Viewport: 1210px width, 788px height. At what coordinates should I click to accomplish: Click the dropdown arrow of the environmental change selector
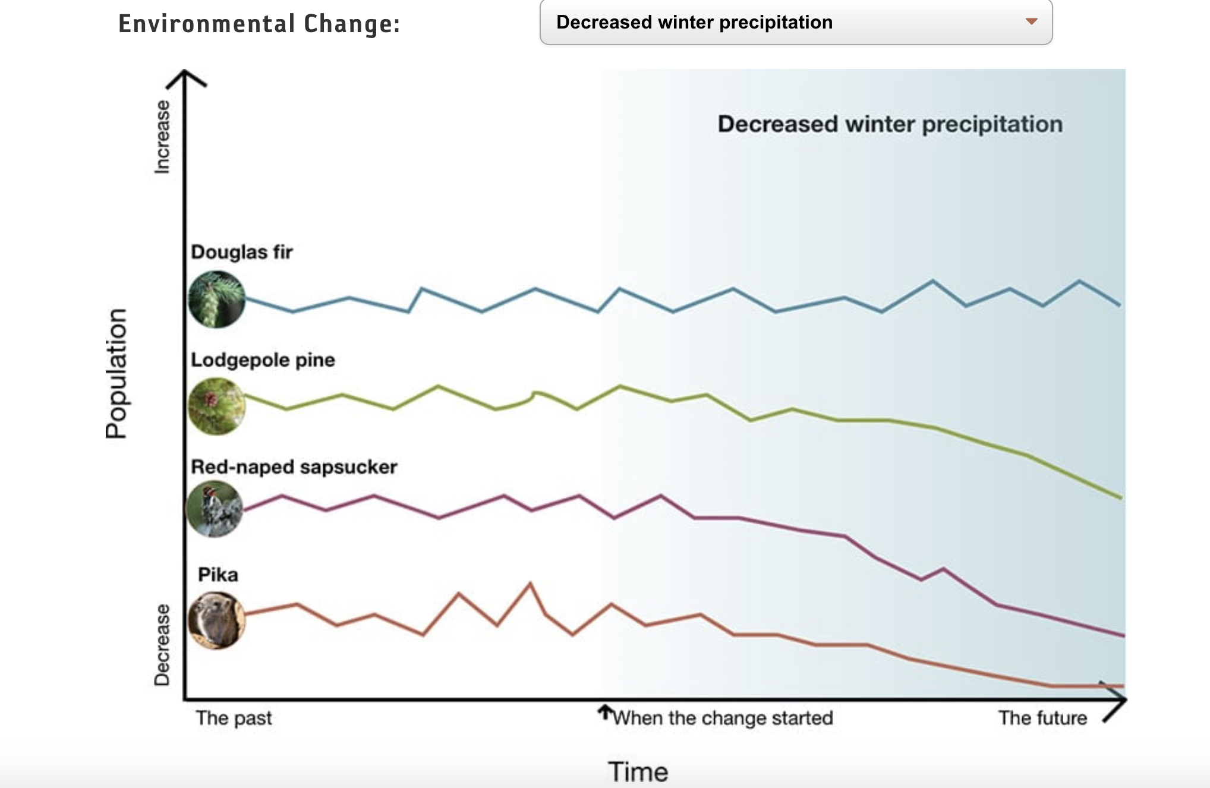point(1031,22)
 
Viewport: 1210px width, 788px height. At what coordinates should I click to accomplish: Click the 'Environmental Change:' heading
point(259,24)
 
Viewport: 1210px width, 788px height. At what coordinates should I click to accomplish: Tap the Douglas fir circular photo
point(217,299)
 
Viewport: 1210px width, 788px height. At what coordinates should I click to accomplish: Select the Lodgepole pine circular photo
point(217,406)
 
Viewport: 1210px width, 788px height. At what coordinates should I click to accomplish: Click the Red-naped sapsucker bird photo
point(215,509)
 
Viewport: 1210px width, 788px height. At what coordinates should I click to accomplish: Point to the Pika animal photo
point(216,620)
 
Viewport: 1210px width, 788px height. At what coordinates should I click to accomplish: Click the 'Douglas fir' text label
point(242,252)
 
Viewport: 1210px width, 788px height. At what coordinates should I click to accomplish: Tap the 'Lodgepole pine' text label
point(263,360)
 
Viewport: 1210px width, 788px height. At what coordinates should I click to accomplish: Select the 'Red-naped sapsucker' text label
point(294,467)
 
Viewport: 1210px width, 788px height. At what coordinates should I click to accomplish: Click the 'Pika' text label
point(218,575)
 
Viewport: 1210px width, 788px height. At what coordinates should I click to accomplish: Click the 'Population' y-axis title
point(116,373)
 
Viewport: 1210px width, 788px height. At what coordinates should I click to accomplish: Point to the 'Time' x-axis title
point(638,771)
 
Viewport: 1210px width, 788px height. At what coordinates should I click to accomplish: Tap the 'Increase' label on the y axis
point(162,137)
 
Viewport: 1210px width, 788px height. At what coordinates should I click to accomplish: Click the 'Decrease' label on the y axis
point(162,645)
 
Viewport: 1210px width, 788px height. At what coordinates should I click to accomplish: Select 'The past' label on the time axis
point(234,718)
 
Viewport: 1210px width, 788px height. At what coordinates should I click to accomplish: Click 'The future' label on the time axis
point(1042,718)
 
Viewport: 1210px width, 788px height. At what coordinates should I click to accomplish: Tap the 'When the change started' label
point(723,718)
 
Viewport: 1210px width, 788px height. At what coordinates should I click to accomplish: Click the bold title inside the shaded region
point(890,124)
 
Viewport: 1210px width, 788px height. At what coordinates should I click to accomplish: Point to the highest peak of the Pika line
point(530,584)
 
